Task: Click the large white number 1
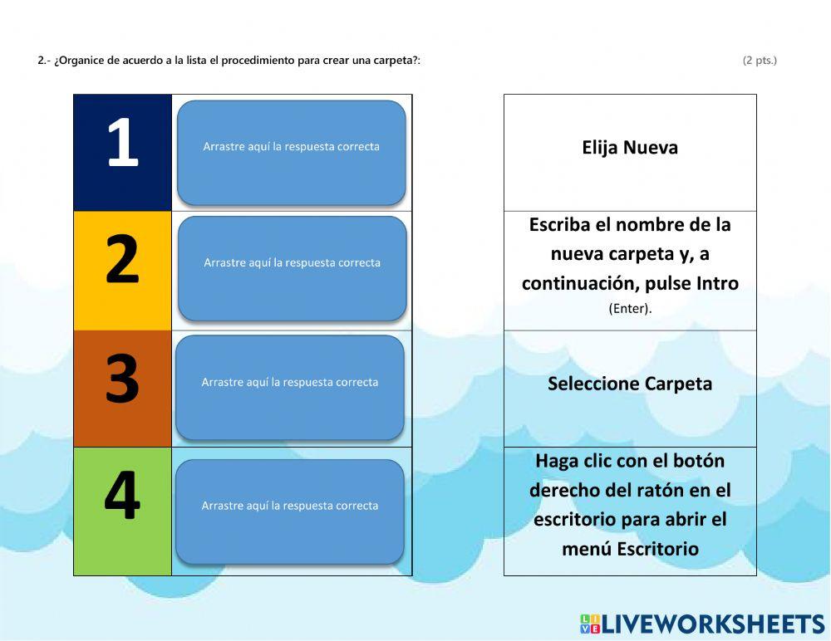[122, 144]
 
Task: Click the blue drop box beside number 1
[291, 153]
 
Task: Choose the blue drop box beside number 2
[292, 268]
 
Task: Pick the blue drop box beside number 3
[289, 388]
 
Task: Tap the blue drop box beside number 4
[289, 511]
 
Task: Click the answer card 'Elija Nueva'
[630, 148]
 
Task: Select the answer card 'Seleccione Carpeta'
[630, 384]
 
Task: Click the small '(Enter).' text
[630, 309]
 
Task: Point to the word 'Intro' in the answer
[717, 284]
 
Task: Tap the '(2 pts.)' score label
[760, 60]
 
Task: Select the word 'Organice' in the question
[80, 61]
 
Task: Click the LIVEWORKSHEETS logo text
[712, 624]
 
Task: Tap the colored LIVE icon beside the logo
[589, 624]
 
